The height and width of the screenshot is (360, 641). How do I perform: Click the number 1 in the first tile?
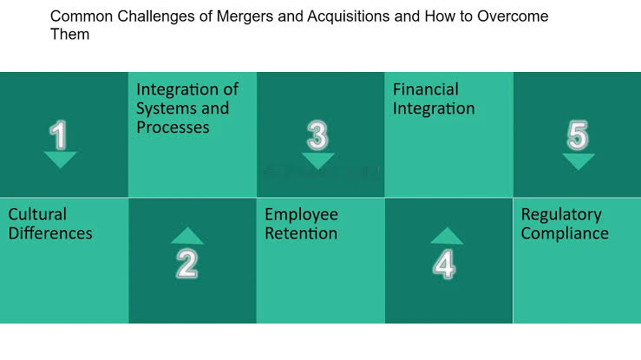[x=58, y=134]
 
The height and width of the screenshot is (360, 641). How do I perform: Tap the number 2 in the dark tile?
[x=187, y=264]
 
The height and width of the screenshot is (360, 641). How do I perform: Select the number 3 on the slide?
[x=317, y=135]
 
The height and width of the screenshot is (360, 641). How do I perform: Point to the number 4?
[x=444, y=265]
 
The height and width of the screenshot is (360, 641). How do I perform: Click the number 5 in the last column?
[x=578, y=135]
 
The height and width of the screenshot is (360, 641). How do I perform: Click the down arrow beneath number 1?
[x=60, y=160]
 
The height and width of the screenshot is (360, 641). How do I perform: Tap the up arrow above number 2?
[x=187, y=236]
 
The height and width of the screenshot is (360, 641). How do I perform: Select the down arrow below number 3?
[x=318, y=161]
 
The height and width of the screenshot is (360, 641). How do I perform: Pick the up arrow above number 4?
[x=447, y=236]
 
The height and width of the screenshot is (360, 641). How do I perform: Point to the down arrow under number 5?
[x=579, y=162]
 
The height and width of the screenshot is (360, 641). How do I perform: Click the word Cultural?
[x=37, y=214]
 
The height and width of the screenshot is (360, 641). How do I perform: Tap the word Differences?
[x=50, y=233]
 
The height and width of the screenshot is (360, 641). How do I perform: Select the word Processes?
[x=173, y=127]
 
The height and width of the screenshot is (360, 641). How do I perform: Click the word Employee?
[x=301, y=215]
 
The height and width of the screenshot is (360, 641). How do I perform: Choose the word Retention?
[x=301, y=233]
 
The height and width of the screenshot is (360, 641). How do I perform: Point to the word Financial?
[x=426, y=89]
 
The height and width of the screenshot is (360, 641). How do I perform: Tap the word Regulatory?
[x=561, y=215]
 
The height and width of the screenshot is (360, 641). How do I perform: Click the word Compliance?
[x=565, y=234]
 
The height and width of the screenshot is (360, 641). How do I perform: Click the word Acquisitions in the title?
[x=349, y=16]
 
